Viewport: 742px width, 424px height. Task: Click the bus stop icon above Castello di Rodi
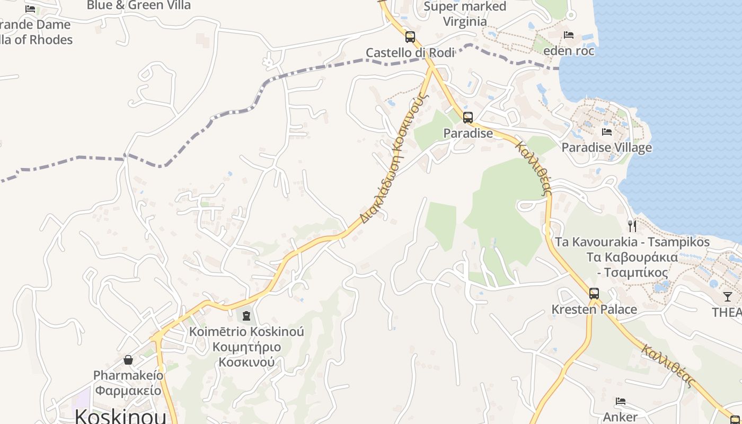[410, 37]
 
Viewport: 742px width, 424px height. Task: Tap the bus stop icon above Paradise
[467, 118]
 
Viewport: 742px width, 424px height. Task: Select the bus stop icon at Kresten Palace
[594, 294]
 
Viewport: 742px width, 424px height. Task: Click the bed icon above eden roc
[569, 35]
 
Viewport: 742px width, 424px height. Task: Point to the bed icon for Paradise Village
[607, 131]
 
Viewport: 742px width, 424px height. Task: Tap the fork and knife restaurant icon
[632, 226]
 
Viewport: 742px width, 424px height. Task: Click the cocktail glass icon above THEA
[728, 297]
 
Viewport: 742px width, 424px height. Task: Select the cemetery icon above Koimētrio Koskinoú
[246, 316]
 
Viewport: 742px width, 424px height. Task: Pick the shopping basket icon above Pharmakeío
[128, 360]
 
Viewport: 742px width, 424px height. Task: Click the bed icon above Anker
[621, 401]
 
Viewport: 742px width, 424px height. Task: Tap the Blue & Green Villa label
[138, 5]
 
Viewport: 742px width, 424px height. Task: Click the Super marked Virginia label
[465, 14]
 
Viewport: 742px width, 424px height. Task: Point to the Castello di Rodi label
[410, 52]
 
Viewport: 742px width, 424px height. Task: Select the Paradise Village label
[607, 147]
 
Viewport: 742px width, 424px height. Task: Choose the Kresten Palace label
[594, 309]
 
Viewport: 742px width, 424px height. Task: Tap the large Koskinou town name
[120, 416]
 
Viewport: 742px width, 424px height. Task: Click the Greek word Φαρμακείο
[128, 391]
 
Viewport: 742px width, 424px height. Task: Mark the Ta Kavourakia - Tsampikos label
[632, 242]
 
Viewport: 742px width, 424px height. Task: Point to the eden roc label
[569, 51]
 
